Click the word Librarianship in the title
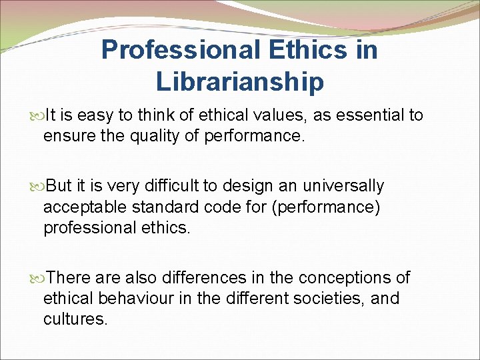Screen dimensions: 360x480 tap(240, 81)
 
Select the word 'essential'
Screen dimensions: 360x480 tap(367, 116)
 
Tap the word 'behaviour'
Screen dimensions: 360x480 tap(139, 298)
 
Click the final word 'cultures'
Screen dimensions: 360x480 tap(75, 319)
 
